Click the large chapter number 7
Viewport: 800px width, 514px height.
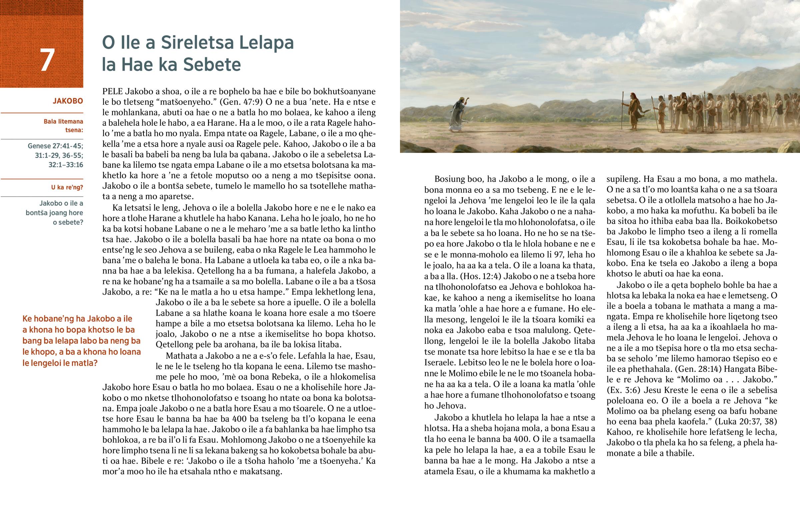[47, 60]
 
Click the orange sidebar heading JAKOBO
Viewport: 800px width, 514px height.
[68, 101]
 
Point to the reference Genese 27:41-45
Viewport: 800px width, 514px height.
[55, 146]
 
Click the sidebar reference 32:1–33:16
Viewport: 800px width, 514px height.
[66, 165]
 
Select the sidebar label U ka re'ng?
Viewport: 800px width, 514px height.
[67, 187]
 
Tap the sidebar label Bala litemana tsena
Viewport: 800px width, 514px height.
[63, 126]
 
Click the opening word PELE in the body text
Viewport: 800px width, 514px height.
[113, 91]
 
